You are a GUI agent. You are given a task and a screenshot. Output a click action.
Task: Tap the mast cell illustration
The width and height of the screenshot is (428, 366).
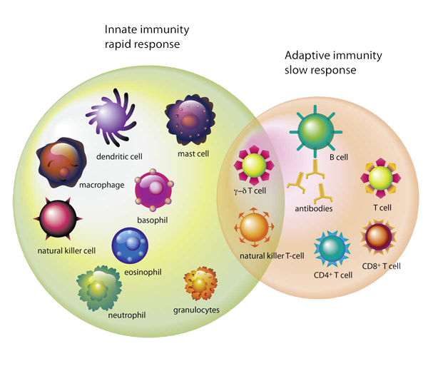pos(190,120)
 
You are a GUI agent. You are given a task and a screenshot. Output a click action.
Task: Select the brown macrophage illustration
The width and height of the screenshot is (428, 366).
pos(61,163)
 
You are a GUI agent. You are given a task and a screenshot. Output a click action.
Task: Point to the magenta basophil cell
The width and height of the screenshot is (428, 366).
pos(154,190)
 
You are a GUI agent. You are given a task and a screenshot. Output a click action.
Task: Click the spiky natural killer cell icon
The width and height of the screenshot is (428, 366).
pos(58,218)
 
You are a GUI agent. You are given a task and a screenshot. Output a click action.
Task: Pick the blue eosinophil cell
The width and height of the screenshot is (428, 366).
pos(130,245)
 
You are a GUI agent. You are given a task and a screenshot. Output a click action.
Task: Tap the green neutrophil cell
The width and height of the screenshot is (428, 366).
pos(99,288)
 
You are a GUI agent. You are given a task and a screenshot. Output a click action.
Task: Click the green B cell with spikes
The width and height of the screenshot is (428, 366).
pos(316,131)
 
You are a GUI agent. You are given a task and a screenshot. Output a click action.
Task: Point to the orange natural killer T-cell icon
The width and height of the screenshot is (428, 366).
pos(255,227)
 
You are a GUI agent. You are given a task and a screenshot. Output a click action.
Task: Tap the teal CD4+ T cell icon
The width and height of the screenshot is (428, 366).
pos(332,249)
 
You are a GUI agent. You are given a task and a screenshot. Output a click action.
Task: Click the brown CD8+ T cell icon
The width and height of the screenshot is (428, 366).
pos(378,236)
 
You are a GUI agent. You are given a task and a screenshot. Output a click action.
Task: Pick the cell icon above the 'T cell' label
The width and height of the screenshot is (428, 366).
pos(380,178)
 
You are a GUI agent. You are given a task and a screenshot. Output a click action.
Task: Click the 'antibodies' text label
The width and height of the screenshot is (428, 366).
pos(314,209)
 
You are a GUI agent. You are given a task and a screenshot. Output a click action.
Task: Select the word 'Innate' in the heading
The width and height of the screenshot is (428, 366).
pos(120,29)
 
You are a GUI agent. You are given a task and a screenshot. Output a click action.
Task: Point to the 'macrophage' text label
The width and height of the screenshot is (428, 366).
pos(102,185)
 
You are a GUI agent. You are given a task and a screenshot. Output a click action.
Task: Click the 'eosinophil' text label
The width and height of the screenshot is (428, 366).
pos(143,272)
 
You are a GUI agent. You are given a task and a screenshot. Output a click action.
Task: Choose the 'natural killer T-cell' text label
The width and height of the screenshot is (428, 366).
pos(272,256)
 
